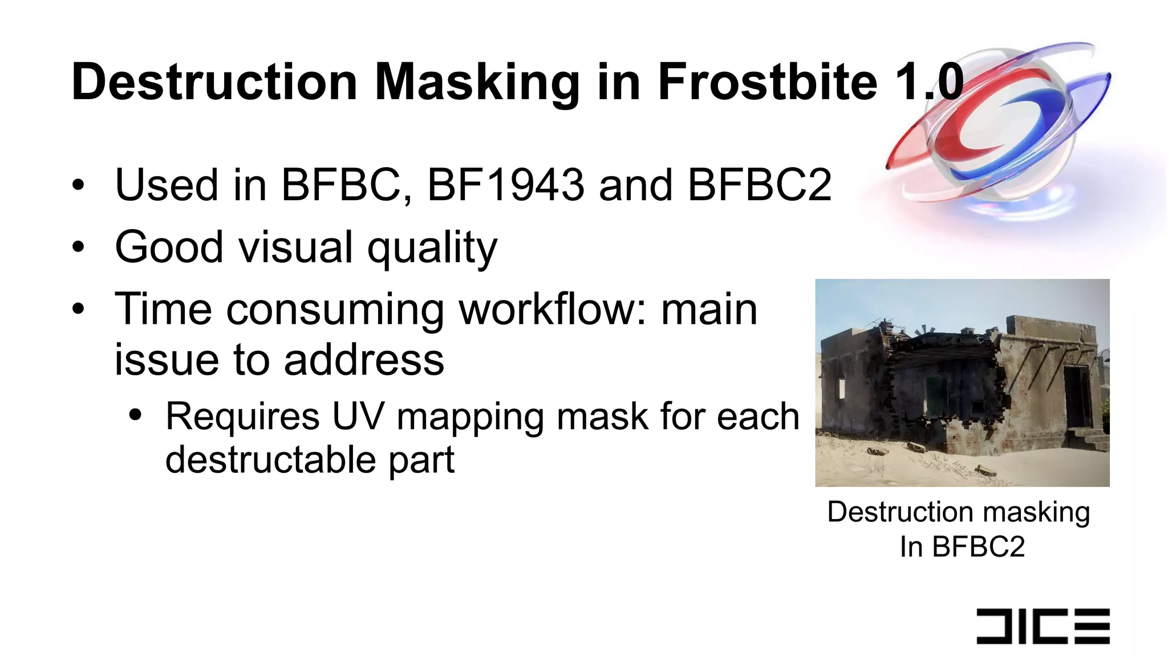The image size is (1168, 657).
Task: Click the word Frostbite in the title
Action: point(767,83)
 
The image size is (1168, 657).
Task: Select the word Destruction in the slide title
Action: point(214,83)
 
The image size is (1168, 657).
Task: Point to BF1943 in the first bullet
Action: point(506,185)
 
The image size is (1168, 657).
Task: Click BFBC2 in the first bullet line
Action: point(760,185)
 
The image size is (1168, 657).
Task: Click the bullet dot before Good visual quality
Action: point(78,248)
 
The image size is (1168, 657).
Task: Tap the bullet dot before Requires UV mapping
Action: point(135,416)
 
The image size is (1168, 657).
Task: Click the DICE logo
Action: point(1043,626)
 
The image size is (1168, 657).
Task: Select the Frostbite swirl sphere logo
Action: point(998,125)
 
